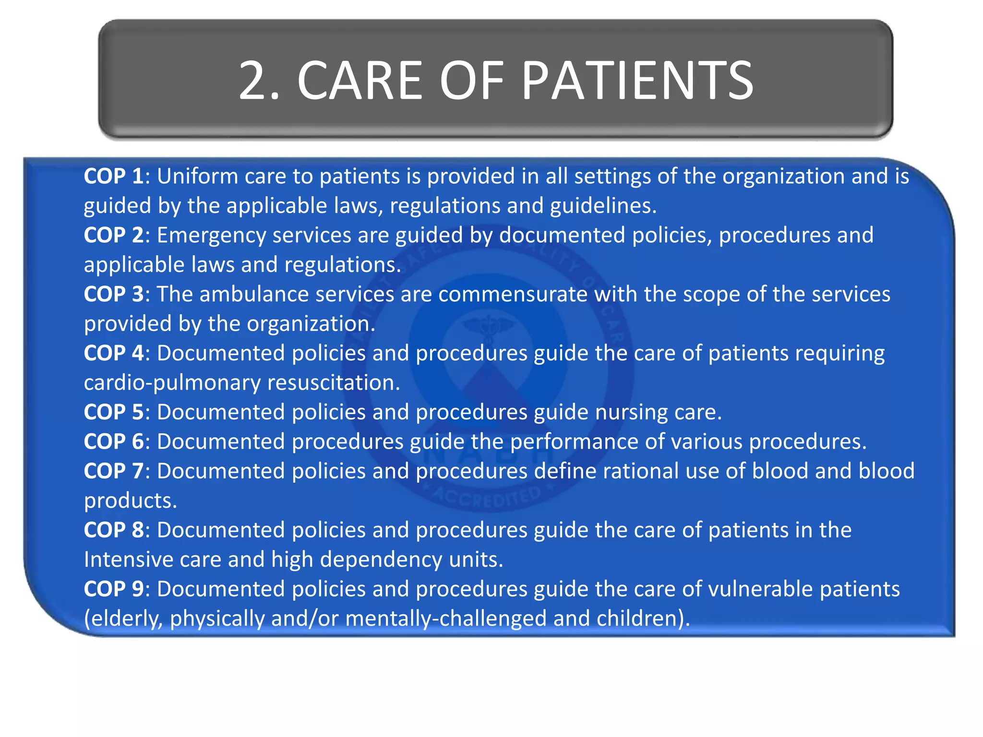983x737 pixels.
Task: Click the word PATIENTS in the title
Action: pos(637,81)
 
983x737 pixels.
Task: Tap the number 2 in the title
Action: pos(253,81)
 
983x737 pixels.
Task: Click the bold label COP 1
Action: pos(113,177)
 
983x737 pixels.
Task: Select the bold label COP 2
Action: pos(113,236)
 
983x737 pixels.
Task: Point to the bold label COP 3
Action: pos(113,295)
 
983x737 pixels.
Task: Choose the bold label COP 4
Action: pos(113,354)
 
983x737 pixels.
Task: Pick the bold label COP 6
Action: pos(113,442)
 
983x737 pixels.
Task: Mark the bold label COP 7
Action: pos(113,471)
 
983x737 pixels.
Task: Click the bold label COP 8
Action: pos(113,530)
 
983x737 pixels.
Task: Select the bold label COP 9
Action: pos(113,589)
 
